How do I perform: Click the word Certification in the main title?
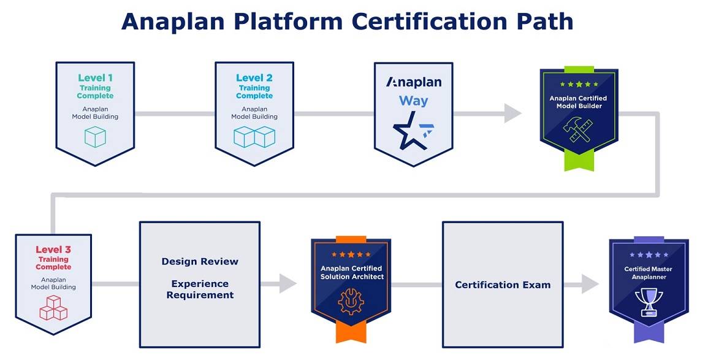[430, 21]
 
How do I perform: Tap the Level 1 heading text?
[95, 78]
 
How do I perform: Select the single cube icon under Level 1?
[95, 136]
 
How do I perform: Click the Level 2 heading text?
[254, 78]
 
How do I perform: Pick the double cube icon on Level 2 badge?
[254, 137]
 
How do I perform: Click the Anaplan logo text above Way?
[414, 82]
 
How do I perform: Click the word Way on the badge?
[414, 101]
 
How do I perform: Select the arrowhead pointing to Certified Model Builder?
[512, 113]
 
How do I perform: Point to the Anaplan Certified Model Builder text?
[578, 102]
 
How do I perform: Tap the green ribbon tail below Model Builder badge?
[579, 161]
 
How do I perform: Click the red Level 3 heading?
[53, 250]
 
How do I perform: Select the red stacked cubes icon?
[53, 307]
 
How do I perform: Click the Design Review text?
[200, 262]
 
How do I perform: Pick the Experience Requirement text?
[200, 289]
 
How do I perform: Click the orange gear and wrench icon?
[351, 301]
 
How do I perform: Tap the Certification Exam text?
[503, 285]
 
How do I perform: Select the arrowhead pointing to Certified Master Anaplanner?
[590, 284]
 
